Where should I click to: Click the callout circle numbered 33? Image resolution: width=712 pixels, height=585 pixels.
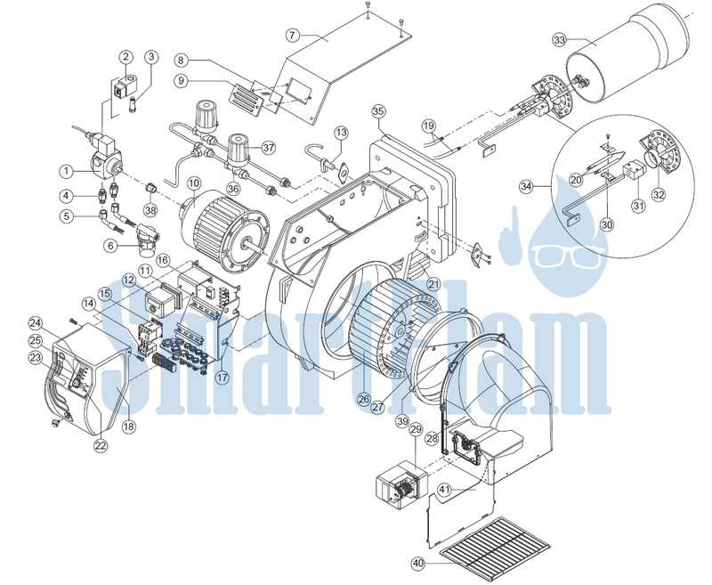[x=560, y=40]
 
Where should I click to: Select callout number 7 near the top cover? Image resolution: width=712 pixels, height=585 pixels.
[x=293, y=35]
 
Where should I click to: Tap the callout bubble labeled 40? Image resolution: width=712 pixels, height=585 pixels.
[x=418, y=564]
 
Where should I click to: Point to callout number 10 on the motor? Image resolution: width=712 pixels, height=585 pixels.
[x=194, y=183]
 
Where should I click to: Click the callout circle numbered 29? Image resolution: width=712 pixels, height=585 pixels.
[x=416, y=429]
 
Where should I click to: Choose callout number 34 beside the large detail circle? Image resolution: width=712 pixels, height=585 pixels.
[x=526, y=186]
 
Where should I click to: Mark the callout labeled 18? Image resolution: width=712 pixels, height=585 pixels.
[x=129, y=427]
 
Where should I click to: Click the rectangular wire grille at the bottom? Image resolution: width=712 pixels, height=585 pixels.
[x=495, y=548]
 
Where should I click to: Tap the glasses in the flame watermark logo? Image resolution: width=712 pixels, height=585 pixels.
[x=570, y=256]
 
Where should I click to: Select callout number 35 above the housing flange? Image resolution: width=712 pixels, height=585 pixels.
[x=378, y=111]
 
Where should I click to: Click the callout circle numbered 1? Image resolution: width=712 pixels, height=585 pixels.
[x=66, y=171]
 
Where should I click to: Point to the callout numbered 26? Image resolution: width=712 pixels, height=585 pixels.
[x=363, y=399]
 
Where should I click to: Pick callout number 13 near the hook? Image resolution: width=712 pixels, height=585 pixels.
[x=342, y=133]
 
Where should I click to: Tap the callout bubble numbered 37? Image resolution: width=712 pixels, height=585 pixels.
[x=269, y=148]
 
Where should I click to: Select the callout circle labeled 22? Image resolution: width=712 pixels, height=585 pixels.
[x=101, y=445]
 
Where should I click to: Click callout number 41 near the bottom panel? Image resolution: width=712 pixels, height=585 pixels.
[x=444, y=490]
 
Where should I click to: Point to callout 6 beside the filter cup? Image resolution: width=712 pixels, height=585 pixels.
[x=110, y=246]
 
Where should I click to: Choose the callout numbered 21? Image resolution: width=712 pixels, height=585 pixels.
[x=434, y=284]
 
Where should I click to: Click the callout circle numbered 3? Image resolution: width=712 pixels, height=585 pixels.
[x=151, y=57]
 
